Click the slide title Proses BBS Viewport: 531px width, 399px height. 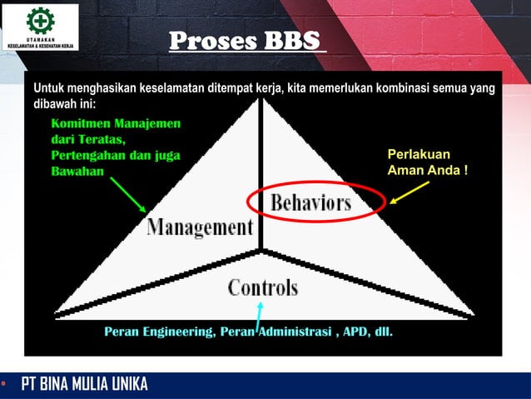click(247, 41)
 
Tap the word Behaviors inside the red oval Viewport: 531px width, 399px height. click(310, 202)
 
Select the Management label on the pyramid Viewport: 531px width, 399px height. click(200, 227)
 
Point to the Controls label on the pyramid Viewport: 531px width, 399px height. click(262, 288)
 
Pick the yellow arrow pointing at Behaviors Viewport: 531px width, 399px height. click(409, 192)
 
